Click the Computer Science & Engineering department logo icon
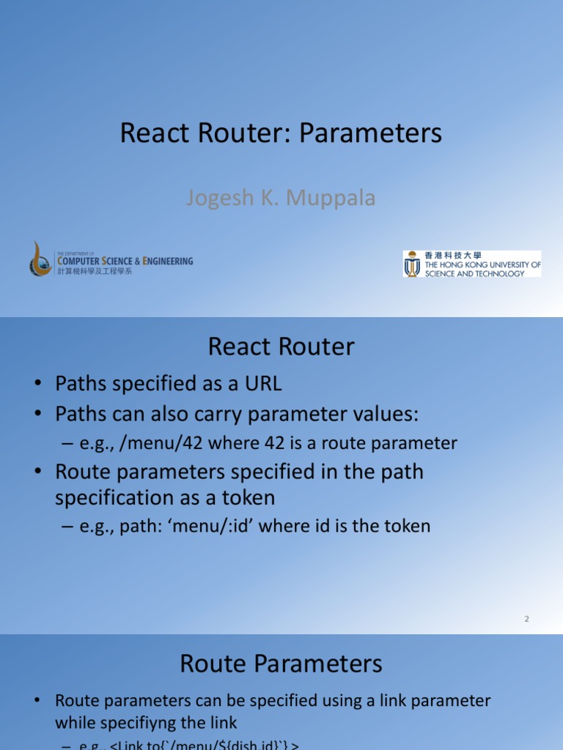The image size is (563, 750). tap(41, 259)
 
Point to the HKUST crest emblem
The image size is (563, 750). tap(413, 264)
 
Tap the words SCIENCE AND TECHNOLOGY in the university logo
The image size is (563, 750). tap(475, 273)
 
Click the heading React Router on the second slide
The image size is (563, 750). tap(281, 347)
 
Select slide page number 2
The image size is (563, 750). tap(526, 619)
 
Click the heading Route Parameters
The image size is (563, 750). tap(281, 664)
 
